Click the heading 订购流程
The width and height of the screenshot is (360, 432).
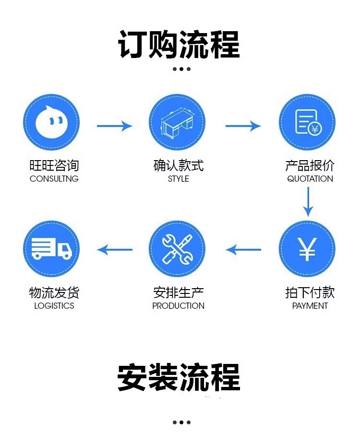[x=179, y=45]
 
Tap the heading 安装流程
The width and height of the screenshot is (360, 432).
[x=179, y=378]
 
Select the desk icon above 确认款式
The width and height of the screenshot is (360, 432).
[x=177, y=123]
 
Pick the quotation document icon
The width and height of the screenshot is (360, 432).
[x=307, y=123]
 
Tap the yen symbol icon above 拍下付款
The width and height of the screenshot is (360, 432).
[x=307, y=249]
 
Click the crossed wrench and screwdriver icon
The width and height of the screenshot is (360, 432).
[x=177, y=249]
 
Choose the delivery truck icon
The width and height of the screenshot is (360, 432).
[x=51, y=249]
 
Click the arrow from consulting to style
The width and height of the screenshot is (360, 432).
[x=114, y=126]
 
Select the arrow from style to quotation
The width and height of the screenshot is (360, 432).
[x=243, y=126]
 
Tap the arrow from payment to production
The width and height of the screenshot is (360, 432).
[x=243, y=250]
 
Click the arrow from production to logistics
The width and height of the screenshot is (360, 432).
[x=115, y=250]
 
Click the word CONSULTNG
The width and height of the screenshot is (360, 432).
[x=54, y=179]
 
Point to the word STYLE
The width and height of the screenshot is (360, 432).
[x=179, y=179]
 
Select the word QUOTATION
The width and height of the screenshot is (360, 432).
[x=310, y=179]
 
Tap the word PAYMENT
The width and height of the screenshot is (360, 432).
[x=310, y=306]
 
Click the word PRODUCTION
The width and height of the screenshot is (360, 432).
[x=179, y=306]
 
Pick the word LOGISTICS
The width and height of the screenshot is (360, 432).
[x=54, y=306]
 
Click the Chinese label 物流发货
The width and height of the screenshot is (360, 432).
[x=54, y=292]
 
